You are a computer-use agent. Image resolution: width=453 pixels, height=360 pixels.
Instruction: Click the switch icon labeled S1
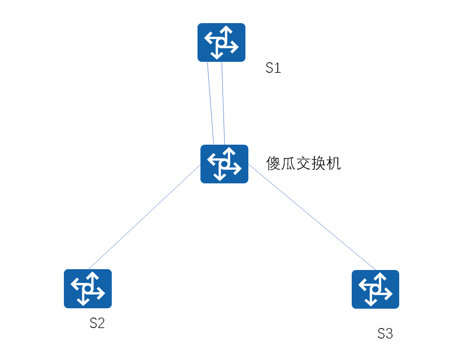(x=221, y=42)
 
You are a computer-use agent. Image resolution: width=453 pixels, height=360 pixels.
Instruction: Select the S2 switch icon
(x=87, y=289)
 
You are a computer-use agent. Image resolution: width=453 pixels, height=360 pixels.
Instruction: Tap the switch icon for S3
(x=375, y=289)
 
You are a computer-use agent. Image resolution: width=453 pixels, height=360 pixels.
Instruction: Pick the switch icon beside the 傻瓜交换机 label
(x=224, y=164)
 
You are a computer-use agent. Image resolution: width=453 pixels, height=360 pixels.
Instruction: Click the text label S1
(x=273, y=68)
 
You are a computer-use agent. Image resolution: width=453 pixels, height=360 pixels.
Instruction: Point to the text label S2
(x=97, y=323)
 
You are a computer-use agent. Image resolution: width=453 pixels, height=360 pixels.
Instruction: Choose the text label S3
(x=385, y=334)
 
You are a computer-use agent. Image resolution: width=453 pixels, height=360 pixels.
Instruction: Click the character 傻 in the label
(x=274, y=163)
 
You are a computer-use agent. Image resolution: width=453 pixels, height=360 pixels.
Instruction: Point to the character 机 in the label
(x=334, y=163)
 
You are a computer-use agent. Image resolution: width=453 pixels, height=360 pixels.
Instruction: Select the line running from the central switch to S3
(x=312, y=217)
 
